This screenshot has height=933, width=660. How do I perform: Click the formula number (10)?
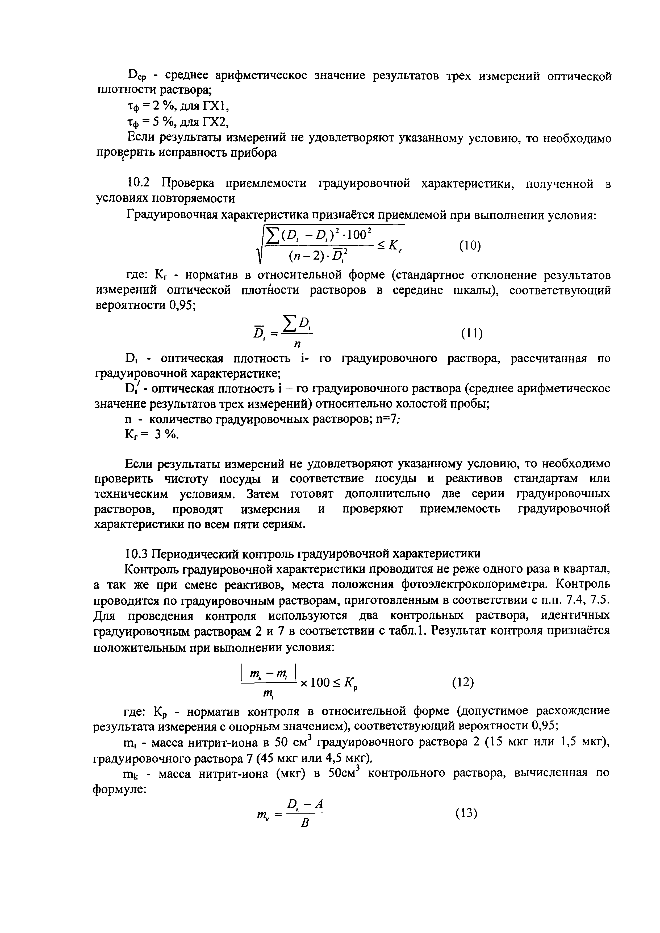coord(470,246)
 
